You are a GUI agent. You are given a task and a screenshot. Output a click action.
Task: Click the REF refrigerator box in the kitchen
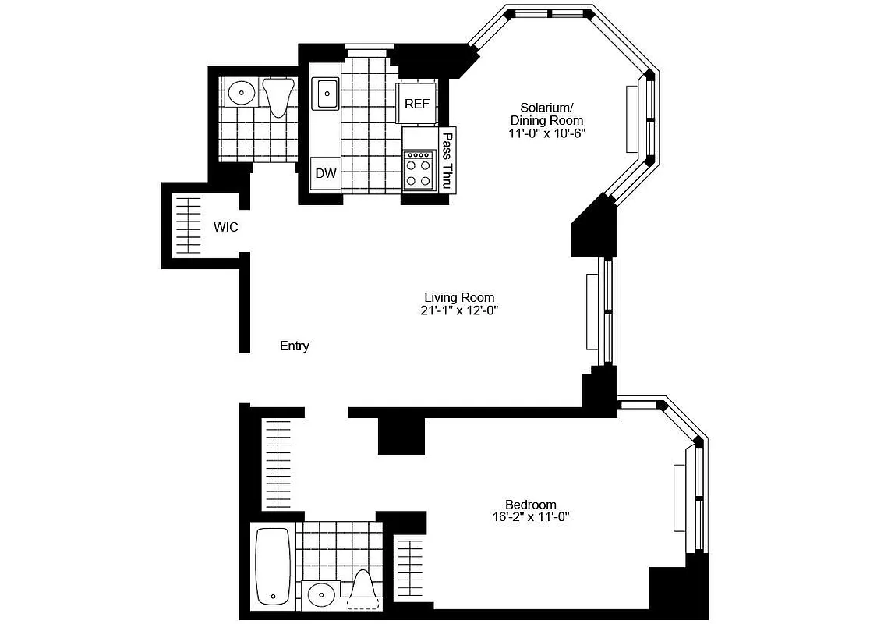417,104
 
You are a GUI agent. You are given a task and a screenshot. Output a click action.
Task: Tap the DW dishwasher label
326,173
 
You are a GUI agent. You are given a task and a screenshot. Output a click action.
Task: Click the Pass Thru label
447,161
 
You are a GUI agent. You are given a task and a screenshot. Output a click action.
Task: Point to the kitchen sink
325,94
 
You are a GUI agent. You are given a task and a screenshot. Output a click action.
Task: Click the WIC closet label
226,228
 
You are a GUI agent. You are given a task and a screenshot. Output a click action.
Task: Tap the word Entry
295,346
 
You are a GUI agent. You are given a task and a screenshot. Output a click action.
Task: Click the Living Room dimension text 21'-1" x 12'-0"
459,310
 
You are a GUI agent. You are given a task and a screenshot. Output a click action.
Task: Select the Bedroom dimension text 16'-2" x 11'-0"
531,516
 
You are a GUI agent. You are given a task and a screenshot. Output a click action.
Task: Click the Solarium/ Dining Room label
546,114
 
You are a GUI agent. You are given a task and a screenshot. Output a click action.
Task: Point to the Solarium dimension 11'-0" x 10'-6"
547,133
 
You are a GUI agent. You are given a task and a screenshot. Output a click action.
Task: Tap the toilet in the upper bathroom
278,96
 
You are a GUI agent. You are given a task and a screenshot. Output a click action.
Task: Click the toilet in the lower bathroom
362,590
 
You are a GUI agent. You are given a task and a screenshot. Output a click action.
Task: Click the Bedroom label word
531,504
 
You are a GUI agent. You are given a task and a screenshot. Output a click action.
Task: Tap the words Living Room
459,297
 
